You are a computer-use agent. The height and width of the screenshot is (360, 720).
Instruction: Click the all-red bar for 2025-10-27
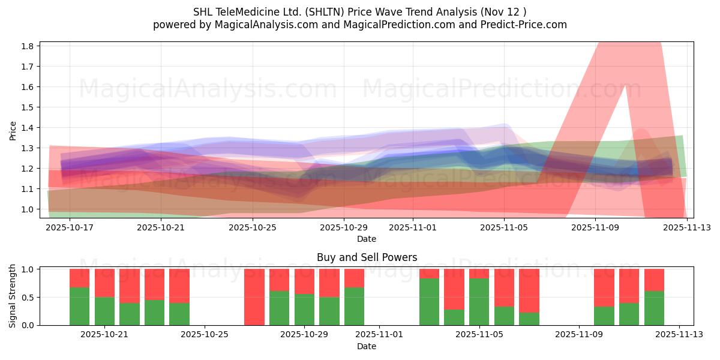click(x=254, y=297)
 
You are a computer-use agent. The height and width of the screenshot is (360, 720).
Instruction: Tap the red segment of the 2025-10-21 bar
click(x=104, y=283)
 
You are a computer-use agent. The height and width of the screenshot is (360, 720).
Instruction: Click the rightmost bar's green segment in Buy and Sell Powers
click(x=654, y=308)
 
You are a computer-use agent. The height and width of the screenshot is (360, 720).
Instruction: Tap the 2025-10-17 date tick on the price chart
click(x=70, y=228)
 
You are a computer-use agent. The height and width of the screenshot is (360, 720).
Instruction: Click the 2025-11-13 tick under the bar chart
click(x=679, y=335)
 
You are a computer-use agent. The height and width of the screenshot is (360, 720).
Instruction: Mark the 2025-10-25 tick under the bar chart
click(x=205, y=335)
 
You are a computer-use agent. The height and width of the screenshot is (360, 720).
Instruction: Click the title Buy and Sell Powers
click(x=367, y=257)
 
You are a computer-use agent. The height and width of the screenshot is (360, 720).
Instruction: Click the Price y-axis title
click(x=13, y=130)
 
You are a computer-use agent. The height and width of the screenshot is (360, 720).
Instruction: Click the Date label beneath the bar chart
click(x=367, y=346)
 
